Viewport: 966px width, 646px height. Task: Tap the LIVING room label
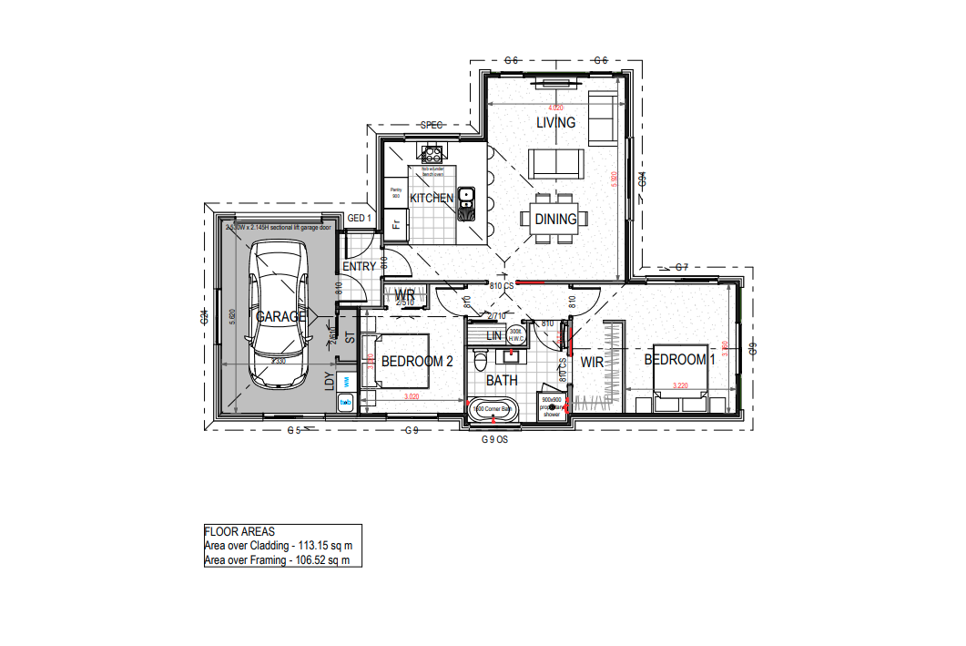(555, 123)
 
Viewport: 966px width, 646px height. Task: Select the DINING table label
(555, 219)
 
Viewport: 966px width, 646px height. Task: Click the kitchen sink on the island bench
(465, 194)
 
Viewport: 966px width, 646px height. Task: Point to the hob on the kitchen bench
(431, 156)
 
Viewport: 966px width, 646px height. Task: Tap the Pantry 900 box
(396, 193)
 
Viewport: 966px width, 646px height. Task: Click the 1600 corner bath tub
(493, 411)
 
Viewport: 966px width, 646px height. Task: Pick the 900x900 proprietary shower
(553, 406)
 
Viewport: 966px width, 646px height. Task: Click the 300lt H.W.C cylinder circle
(516, 335)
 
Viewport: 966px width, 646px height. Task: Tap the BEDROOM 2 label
(416, 362)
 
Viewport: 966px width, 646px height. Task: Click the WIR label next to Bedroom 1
(593, 363)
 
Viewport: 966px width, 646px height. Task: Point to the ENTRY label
(359, 267)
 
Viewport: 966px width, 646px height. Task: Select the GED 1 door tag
(361, 219)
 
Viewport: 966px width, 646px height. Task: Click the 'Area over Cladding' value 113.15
(329, 546)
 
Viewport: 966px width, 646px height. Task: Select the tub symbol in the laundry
(346, 401)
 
